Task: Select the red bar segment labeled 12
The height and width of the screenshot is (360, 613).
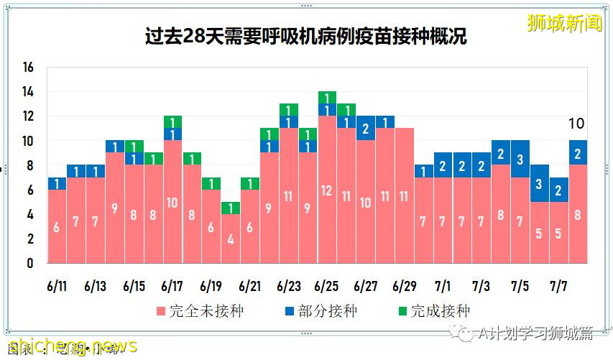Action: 327,190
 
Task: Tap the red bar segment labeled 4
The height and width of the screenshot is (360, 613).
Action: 230,239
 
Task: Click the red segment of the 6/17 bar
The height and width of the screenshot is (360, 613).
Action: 172,202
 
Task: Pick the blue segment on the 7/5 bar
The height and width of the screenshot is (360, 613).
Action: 520,159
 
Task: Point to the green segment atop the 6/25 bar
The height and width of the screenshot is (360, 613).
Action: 327,98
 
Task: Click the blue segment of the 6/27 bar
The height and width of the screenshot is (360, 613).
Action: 366,129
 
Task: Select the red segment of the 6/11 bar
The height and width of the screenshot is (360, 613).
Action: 57,226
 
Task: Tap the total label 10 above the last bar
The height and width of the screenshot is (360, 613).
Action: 576,124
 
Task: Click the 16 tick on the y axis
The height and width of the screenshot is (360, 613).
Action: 28,68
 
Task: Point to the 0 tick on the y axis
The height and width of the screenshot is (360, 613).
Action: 30,263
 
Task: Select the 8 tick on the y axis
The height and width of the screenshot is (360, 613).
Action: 30,165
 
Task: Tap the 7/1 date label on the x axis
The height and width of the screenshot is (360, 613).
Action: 443,286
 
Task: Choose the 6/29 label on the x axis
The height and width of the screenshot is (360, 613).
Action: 405,286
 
